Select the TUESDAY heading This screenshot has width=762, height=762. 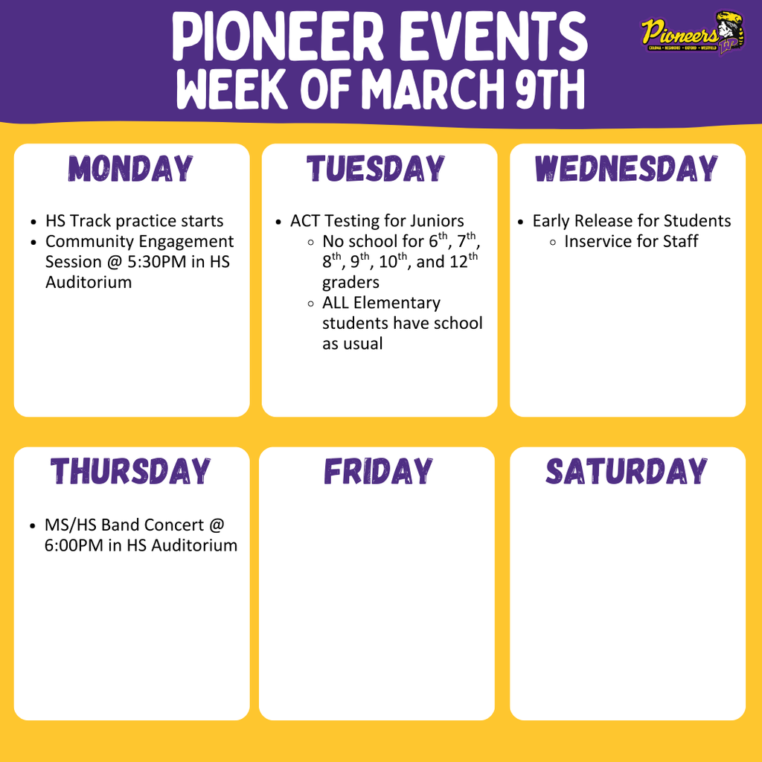click(x=376, y=169)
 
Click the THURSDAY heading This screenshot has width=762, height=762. click(x=131, y=472)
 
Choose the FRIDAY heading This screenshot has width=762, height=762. click(x=377, y=472)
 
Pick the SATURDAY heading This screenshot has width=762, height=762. click(x=627, y=472)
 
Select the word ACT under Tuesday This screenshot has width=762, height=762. click(x=305, y=221)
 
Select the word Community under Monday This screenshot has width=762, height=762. click(x=88, y=241)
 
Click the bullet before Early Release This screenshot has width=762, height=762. click(x=522, y=222)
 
